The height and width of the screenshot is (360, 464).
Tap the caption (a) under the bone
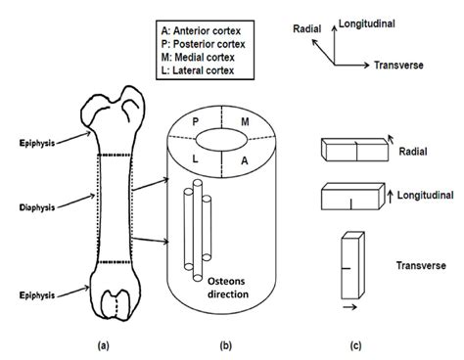pos(104,344)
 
